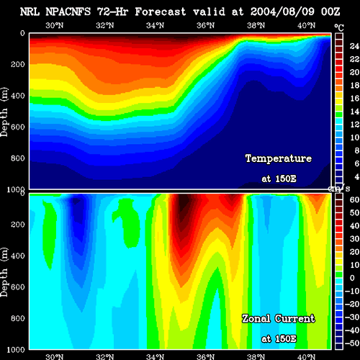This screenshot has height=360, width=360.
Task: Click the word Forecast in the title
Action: [161, 12]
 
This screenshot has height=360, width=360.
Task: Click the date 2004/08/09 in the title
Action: [282, 12]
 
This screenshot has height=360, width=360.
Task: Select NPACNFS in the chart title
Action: [68, 12]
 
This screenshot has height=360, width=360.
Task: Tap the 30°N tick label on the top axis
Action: [55, 25]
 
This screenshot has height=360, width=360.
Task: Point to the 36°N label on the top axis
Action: [206, 25]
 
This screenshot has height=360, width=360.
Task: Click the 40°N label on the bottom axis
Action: [307, 356]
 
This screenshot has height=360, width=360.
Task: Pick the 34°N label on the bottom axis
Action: [156, 356]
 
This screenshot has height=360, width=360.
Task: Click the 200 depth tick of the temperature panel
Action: [18, 64]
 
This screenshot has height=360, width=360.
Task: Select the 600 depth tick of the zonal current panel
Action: [18, 287]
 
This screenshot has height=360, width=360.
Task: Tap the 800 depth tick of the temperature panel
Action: [18, 158]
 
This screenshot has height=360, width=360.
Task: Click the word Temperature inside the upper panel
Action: [279, 158]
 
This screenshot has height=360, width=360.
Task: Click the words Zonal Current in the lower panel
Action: [279, 319]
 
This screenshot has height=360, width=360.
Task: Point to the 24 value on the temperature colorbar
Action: [354, 46]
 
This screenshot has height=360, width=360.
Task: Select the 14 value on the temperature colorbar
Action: [354, 112]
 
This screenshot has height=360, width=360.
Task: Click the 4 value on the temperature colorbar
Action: [356, 176]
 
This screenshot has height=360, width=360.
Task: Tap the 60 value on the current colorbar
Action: [354, 199]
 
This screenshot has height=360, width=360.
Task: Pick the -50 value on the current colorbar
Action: [352, 343]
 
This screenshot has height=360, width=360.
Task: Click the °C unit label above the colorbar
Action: [339, 28]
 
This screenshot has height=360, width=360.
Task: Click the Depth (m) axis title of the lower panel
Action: [4, 272]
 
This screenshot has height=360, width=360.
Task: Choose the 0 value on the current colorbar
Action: [352, 278]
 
